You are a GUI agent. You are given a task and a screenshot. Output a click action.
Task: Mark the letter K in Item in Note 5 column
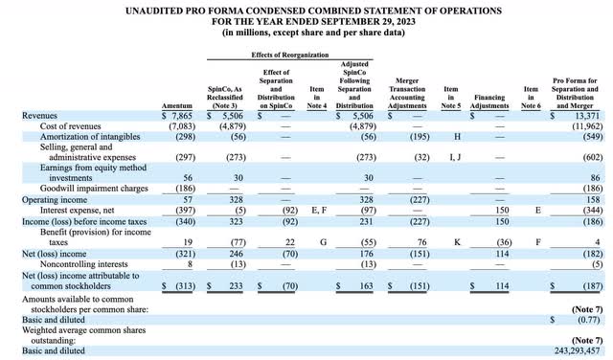(x=450, y=239)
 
